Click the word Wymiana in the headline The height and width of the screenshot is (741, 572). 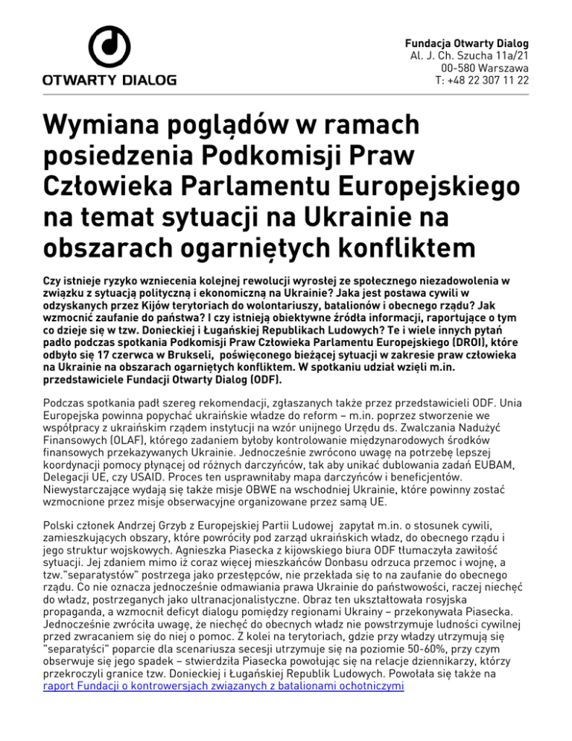click(104, 122)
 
